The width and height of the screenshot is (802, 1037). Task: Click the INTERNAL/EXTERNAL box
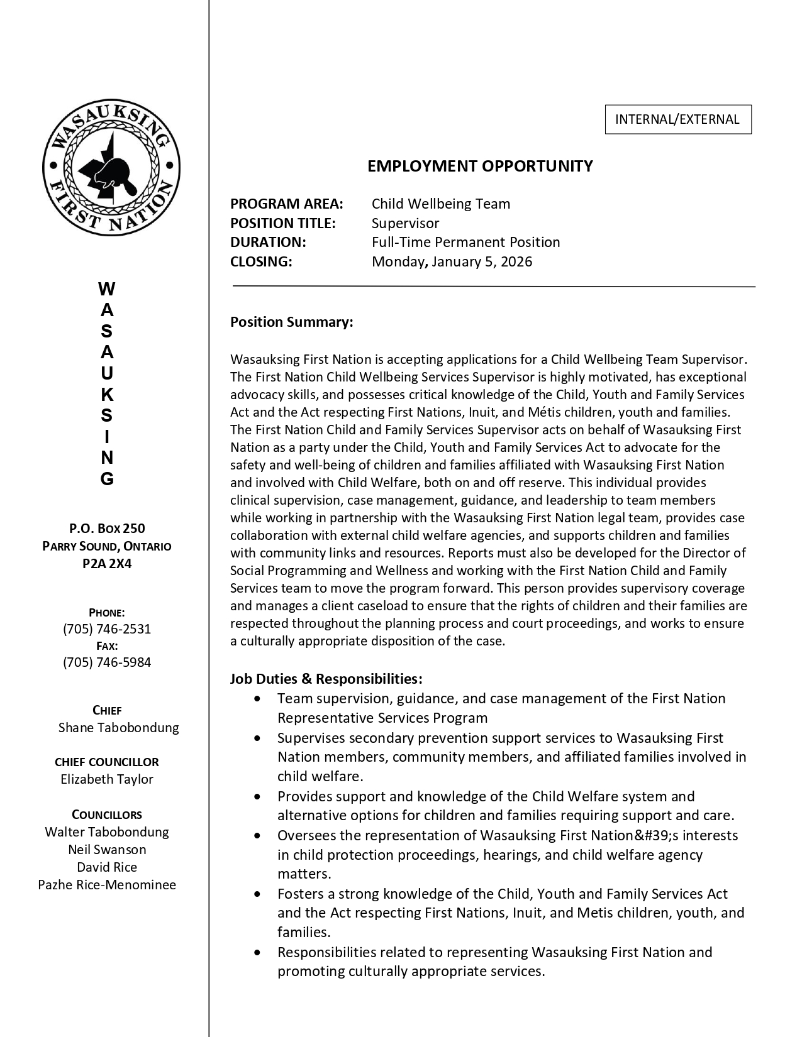click(x=677, y=119)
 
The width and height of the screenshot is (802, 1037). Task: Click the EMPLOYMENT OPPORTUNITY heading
click(x=480, y=166)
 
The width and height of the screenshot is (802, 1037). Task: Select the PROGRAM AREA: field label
click(x=287, y=204)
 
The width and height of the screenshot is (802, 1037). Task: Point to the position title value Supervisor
click(x=405, y=223)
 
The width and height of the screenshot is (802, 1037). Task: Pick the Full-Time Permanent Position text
click(x=465, y=242)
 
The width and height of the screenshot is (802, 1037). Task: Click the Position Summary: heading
click(x=291, y=322)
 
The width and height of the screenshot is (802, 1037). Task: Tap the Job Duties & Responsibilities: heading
click(x=326, y=679)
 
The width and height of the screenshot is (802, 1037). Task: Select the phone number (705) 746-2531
click(x=107, y=629)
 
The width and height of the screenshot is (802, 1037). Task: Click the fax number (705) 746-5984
click(x=107, y=662)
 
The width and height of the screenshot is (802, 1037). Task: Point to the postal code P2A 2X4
click(x=107, y=563)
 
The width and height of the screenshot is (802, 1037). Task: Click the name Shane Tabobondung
click(x=118, y=728)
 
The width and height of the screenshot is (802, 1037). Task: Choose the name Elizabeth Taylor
click(x=107, y=779)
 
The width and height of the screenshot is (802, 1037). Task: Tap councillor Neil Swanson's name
click(x=107, y=850)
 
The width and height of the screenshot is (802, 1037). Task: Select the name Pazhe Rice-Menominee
click(x=107, y=885)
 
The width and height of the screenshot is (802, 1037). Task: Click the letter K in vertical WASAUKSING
click(x=107, y=395)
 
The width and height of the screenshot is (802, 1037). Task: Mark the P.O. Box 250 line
click(x=107, y=529)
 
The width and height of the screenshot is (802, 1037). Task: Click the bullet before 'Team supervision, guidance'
click(x=257, y=699)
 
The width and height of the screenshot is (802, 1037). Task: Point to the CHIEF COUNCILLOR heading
click(x=107, y=762)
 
